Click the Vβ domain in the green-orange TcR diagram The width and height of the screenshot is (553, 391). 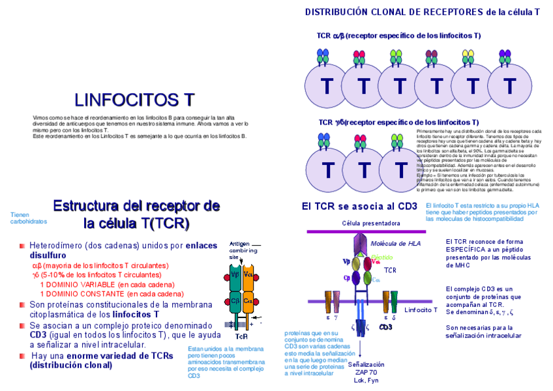[x=234, y=274]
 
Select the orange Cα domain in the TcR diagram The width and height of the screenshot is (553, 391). [x=248, y=302]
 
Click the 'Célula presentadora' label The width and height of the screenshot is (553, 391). [x=371, y=223]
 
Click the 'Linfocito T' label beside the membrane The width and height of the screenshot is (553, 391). [x=421, y=310]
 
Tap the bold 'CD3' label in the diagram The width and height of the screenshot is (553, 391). [x=385, y=326]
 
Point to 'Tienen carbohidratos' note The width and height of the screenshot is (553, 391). [x=29, y=218]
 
